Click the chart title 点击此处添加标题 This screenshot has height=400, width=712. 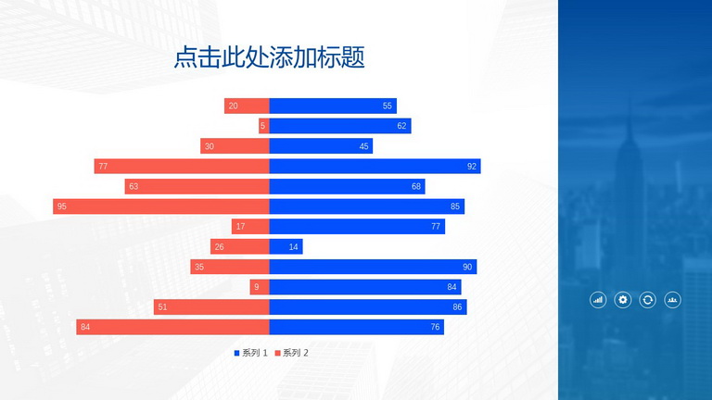pos(269,57)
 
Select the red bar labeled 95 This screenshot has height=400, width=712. pos(161,206)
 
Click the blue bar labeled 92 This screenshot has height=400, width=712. pos(375,166)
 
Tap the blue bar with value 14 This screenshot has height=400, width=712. pos(286,246)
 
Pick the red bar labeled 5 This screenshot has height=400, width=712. pos(264,126)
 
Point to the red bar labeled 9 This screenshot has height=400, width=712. pos(260,287)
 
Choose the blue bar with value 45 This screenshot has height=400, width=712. pos(321,146)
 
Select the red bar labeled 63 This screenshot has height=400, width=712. pos(197,186)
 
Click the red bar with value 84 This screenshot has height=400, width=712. pos(173,327)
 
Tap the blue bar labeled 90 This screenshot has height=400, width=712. pos(373,267)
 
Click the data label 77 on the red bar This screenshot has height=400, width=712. pos(103,167)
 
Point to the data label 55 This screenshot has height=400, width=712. pos(387,106)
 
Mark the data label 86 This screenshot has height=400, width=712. pos(457,307)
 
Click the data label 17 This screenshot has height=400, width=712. pos(241,226)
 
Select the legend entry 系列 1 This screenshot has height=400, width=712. pos(250,353)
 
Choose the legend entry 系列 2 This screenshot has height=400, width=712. pos(291,353)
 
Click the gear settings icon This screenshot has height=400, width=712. pos(623,300)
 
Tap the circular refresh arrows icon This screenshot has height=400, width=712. pos(647,300)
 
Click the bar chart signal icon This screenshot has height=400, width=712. pos(598,300)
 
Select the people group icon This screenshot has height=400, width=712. pos(672,300)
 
